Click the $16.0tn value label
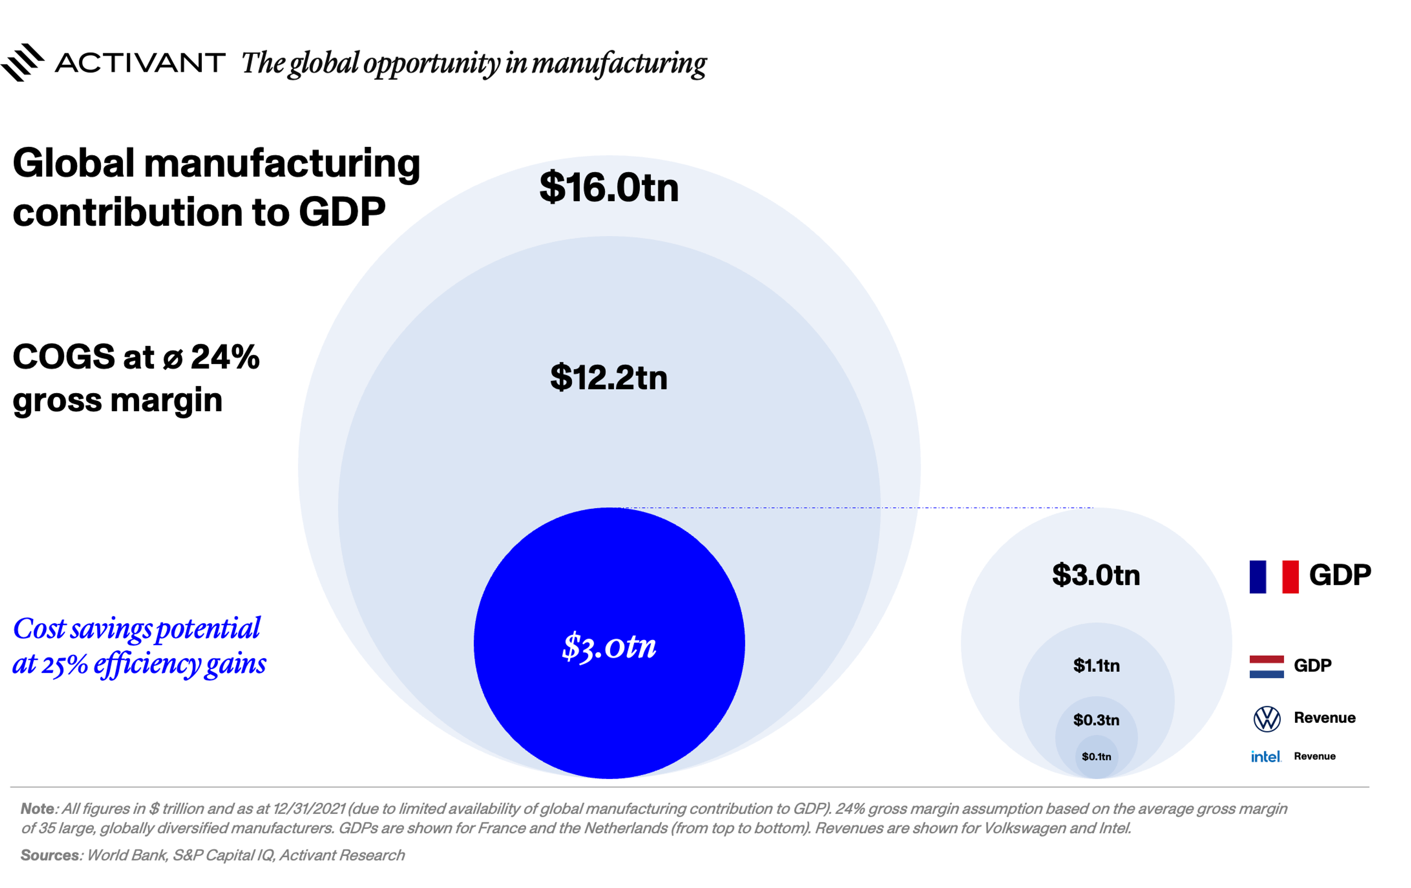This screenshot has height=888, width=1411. coord(609,188)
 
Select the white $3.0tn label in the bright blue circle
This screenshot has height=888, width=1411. coord(609,646)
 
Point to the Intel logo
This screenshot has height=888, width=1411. coord(1266,757)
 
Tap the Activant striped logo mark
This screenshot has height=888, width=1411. coord(22,62)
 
